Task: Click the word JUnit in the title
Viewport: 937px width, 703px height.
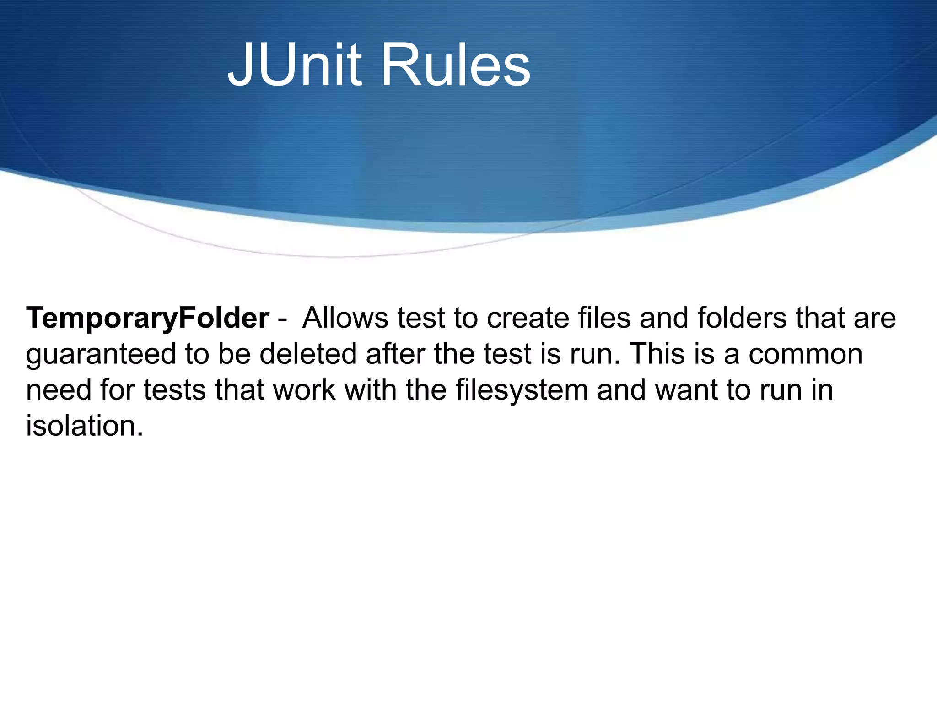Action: (x=295, y=65)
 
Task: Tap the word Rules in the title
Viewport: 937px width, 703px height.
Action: (x=456, y=65)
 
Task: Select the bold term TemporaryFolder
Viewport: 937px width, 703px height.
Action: (x=147, y=318)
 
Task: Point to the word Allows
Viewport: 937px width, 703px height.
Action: (x=345, y=318)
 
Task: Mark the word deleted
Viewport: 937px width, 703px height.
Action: (x=307, y=354)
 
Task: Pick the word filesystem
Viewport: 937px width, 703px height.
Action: (x=522, y=390)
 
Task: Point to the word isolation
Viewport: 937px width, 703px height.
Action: (x=84, y=426)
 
